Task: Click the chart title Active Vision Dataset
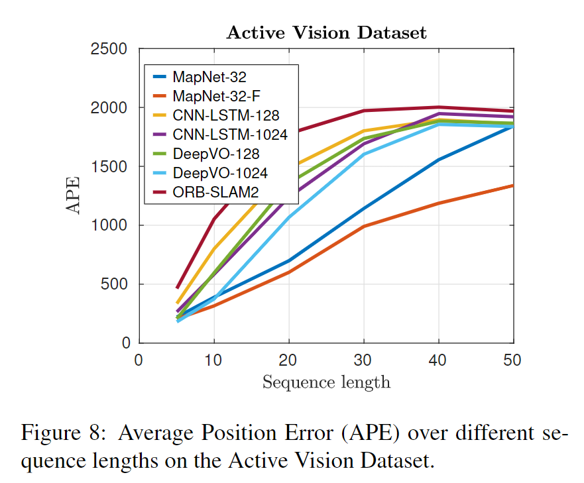(326, 32)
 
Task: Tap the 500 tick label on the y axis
(118, 284)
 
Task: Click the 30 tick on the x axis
(363, 360)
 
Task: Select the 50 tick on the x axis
(512, 360)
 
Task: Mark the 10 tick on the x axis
(213, 360)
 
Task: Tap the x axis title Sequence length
(326, 382)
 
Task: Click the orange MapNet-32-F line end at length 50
(512, 186)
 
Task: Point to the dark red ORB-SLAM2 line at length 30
(363, 111)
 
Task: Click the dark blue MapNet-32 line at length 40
(438, 160)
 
